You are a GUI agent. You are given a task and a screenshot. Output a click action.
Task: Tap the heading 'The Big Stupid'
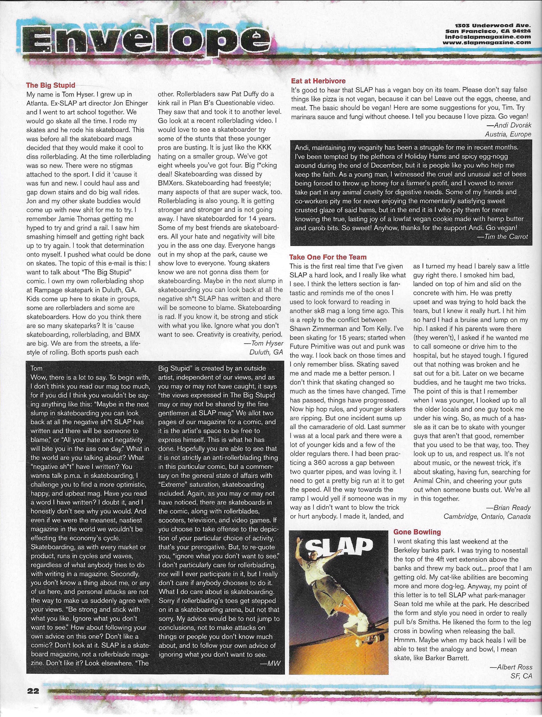[51, 85]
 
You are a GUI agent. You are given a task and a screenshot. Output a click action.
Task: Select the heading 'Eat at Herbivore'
[318, 81]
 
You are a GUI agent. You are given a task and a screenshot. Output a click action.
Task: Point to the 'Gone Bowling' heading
[417, 532]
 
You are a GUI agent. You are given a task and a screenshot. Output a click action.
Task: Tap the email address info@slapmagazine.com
[488, 37]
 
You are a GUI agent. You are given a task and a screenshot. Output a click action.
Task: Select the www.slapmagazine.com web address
[488, 42]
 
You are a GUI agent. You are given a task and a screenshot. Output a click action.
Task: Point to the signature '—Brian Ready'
[508, 507]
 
